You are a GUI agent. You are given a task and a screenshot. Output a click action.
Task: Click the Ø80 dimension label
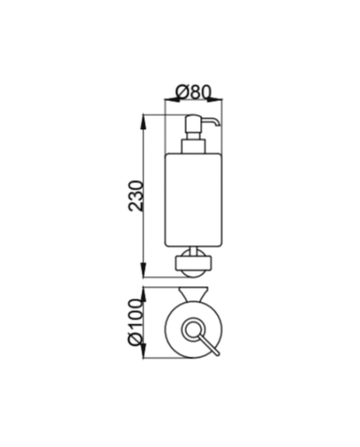click(x=193, y=91)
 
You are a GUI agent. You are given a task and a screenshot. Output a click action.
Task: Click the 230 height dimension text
click(x=137, y=195)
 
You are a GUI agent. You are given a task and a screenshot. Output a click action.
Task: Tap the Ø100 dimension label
click(x=137, y=328)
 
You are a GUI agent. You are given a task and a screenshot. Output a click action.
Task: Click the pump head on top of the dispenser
click(x=198, y=124)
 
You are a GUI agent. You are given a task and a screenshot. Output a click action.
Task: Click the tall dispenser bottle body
click(x=193, y=203)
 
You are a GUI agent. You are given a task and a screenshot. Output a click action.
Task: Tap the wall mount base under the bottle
click(x=193, y=267)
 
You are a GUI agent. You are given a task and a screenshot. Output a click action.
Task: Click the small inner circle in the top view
click(x=194, y=330)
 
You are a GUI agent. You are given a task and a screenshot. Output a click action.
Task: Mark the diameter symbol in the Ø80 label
click(x=181, y=91)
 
